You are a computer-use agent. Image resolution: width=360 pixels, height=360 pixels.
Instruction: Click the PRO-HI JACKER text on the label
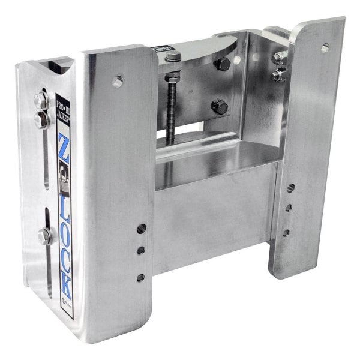coord(61,112)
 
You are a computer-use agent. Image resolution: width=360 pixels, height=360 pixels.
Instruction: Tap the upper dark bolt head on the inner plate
coord(221,65)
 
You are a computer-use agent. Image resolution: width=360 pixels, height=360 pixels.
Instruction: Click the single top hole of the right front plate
coord(325,47)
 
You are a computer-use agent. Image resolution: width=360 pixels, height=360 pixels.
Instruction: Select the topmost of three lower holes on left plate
coord(142,229)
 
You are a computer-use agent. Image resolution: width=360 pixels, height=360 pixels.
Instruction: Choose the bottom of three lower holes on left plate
coord(140,277)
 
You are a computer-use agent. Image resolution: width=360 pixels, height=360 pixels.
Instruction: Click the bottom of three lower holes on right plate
coord(286,233)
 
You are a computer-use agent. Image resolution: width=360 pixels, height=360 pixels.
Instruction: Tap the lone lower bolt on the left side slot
coord(44,235)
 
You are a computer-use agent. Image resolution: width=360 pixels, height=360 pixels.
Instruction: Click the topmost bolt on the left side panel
coord(41,100)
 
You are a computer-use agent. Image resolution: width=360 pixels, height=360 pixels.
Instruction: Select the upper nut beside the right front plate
coord(278,58)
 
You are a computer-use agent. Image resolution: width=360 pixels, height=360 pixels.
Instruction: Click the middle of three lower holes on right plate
coord(289,208)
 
